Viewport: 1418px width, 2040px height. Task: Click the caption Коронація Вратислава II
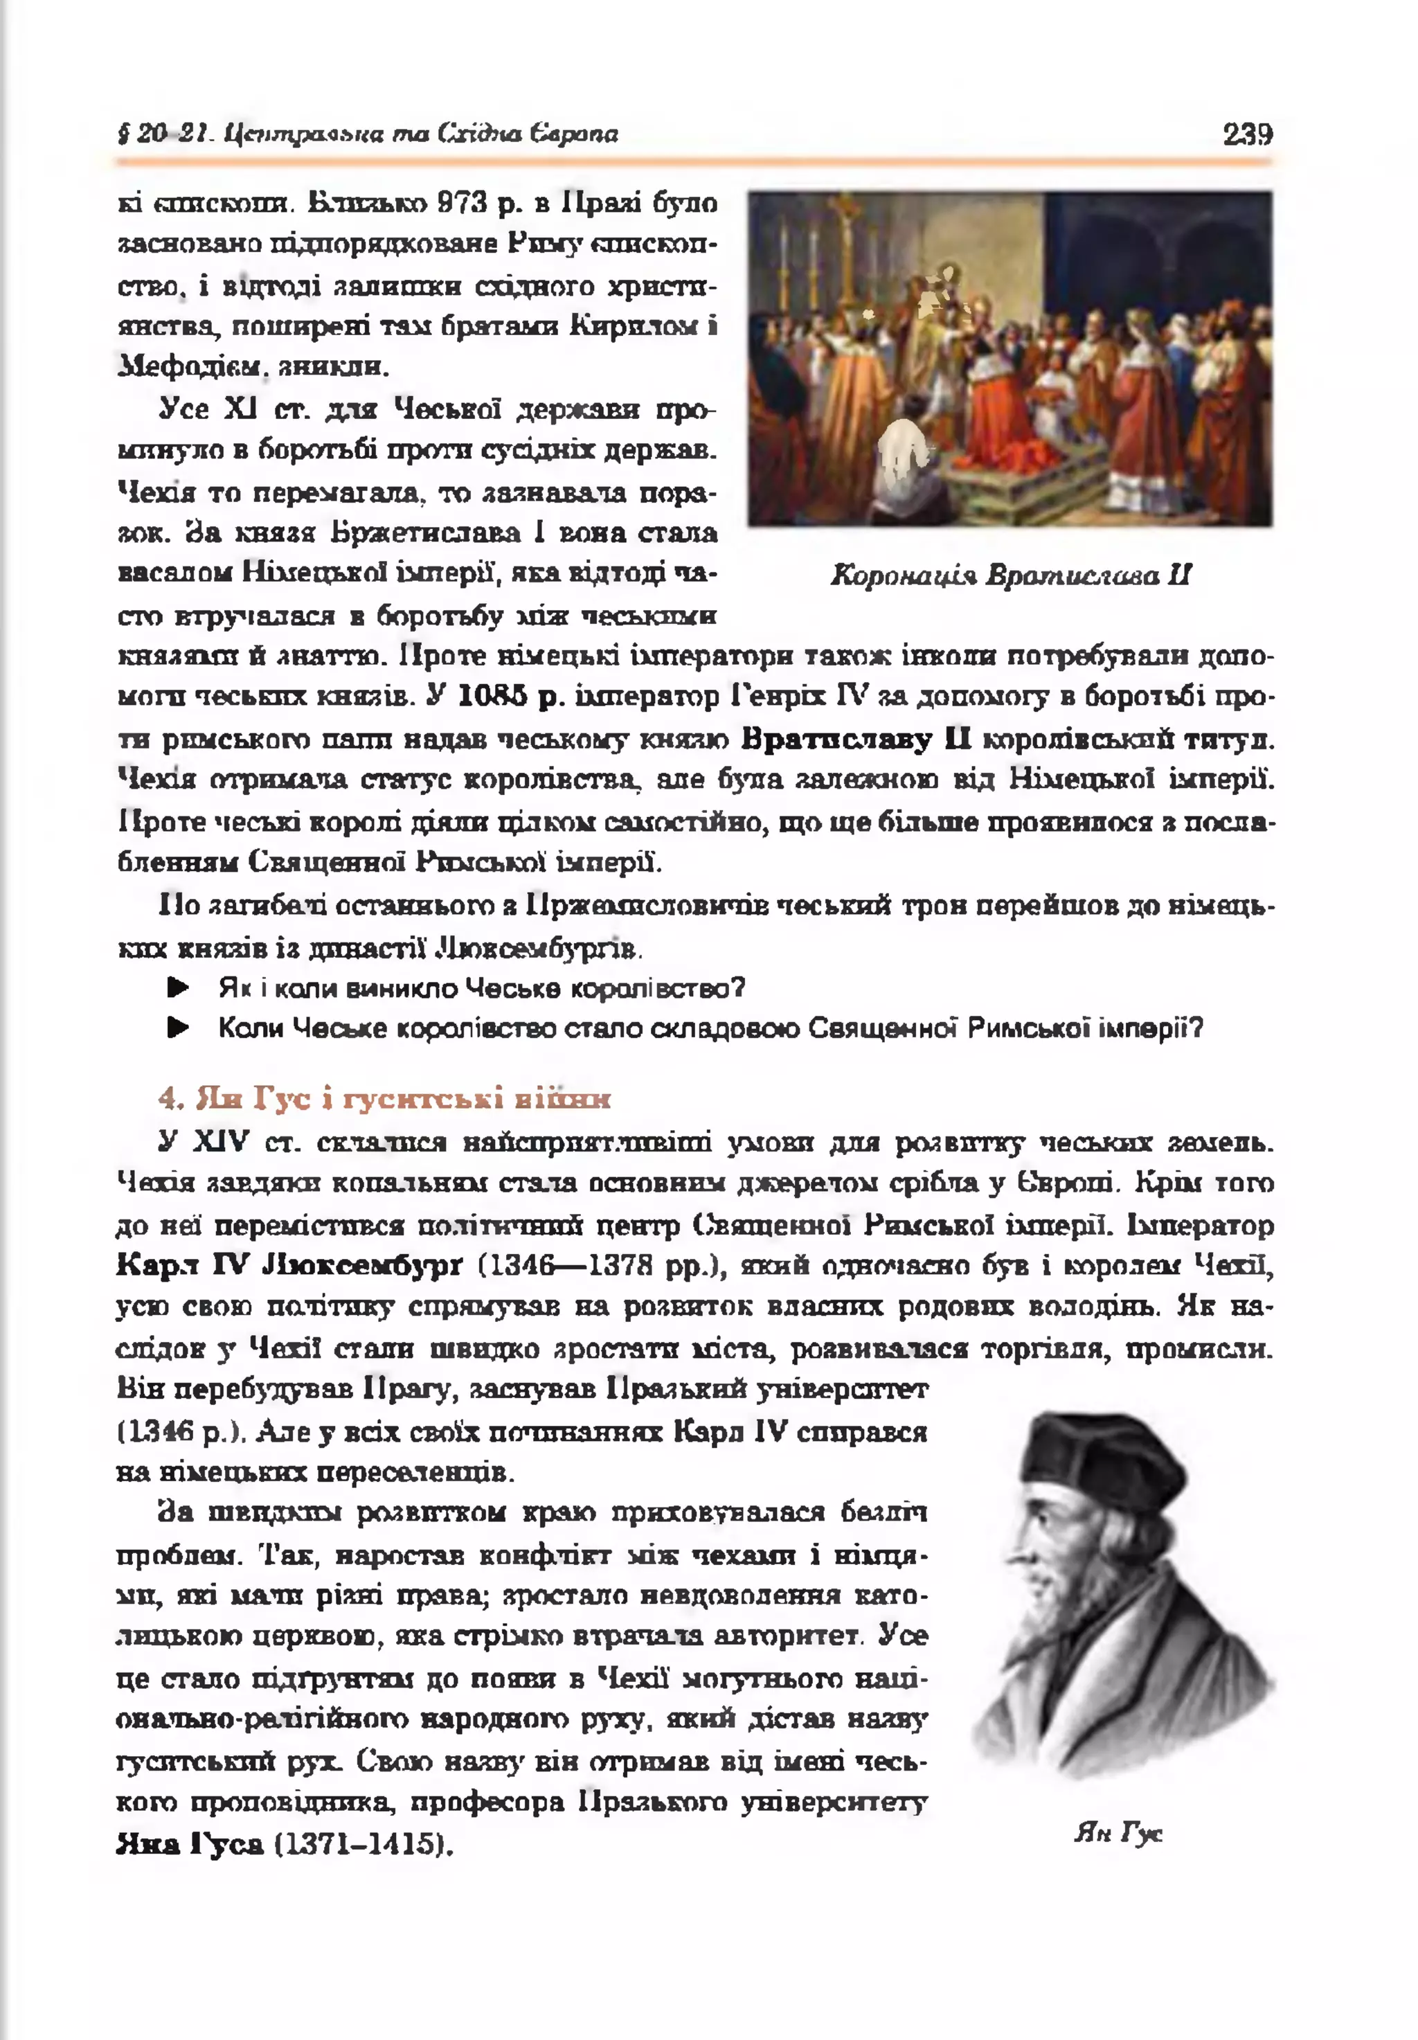[x=1010, y=575]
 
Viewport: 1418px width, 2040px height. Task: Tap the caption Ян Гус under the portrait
[x=1118, y=1833]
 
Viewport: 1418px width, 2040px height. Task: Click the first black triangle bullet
[x=179, y=988]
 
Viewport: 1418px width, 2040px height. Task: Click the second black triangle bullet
[x=179, y=1029]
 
